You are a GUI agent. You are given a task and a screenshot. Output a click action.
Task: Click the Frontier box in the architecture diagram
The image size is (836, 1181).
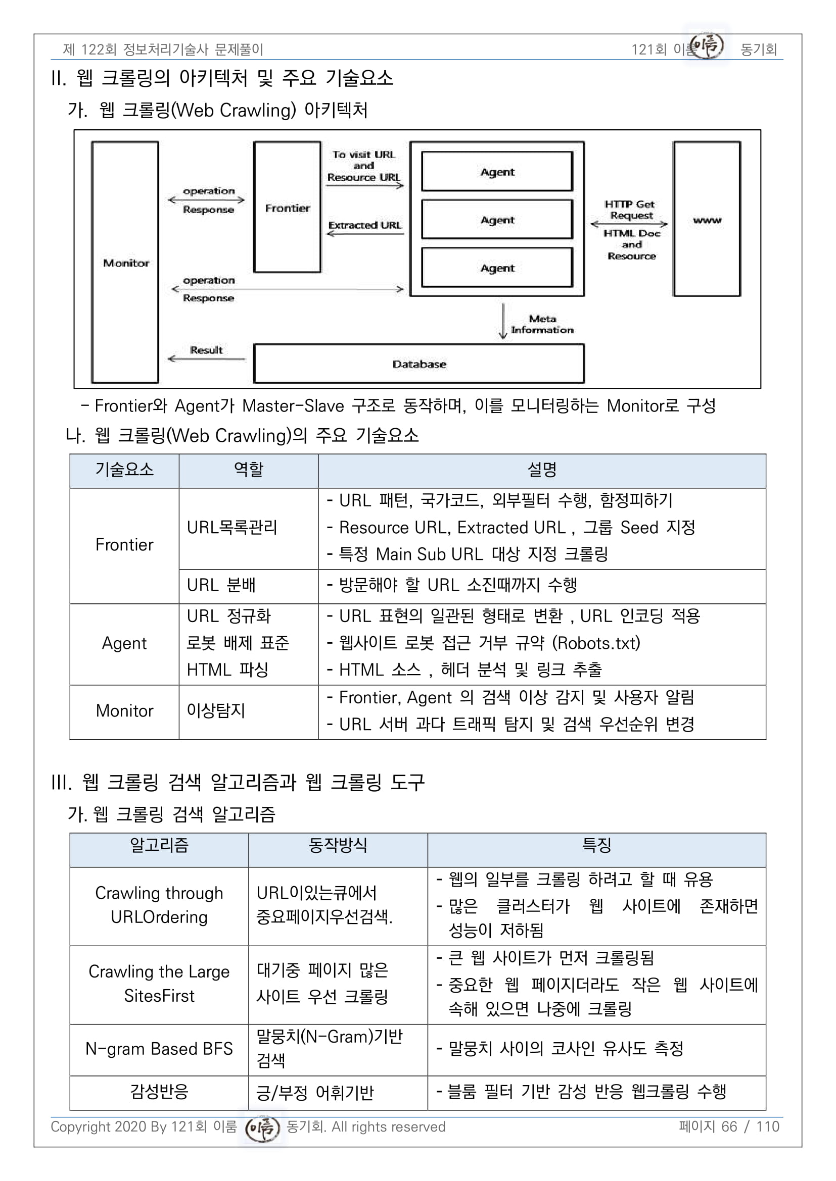287,208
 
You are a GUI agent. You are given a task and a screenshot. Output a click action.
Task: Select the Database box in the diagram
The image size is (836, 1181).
419,364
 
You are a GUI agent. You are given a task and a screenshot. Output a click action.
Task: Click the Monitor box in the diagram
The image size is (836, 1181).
125,263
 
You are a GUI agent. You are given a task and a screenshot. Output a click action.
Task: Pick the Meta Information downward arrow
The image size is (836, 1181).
503,322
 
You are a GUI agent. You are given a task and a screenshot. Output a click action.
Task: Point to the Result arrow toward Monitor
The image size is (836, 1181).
206,358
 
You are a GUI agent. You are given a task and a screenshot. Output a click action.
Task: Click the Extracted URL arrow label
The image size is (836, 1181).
365,225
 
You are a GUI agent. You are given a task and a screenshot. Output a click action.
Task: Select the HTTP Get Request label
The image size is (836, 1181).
630,210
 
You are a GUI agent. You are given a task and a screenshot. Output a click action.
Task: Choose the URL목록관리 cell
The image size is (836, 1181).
232,528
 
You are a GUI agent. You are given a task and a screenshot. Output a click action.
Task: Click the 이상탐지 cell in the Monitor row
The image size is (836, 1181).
216,711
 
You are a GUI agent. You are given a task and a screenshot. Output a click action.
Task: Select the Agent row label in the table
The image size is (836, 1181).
124,643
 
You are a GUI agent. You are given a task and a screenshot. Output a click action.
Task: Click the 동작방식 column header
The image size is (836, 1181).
338,845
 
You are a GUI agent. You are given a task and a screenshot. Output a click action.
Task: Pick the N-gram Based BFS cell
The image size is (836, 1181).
159,1049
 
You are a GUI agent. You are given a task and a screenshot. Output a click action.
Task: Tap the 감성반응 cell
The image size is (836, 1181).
159,1091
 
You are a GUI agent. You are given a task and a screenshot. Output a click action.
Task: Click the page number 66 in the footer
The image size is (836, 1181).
729,1126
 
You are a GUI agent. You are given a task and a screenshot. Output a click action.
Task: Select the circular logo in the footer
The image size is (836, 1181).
262,1128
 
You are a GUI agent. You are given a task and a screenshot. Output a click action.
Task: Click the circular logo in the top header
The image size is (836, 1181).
706,46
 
